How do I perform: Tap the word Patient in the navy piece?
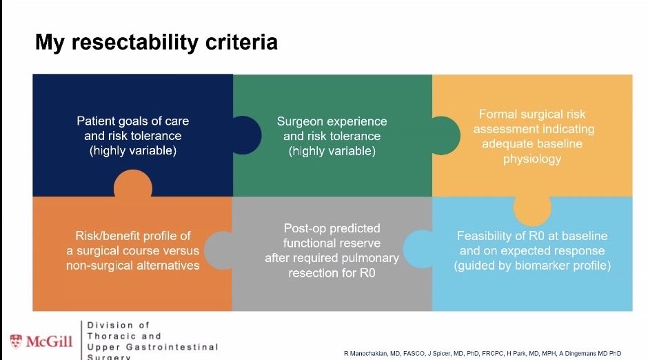pos(97,121)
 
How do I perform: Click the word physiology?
pos(531,159)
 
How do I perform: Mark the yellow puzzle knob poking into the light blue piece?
pos(531,207)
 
